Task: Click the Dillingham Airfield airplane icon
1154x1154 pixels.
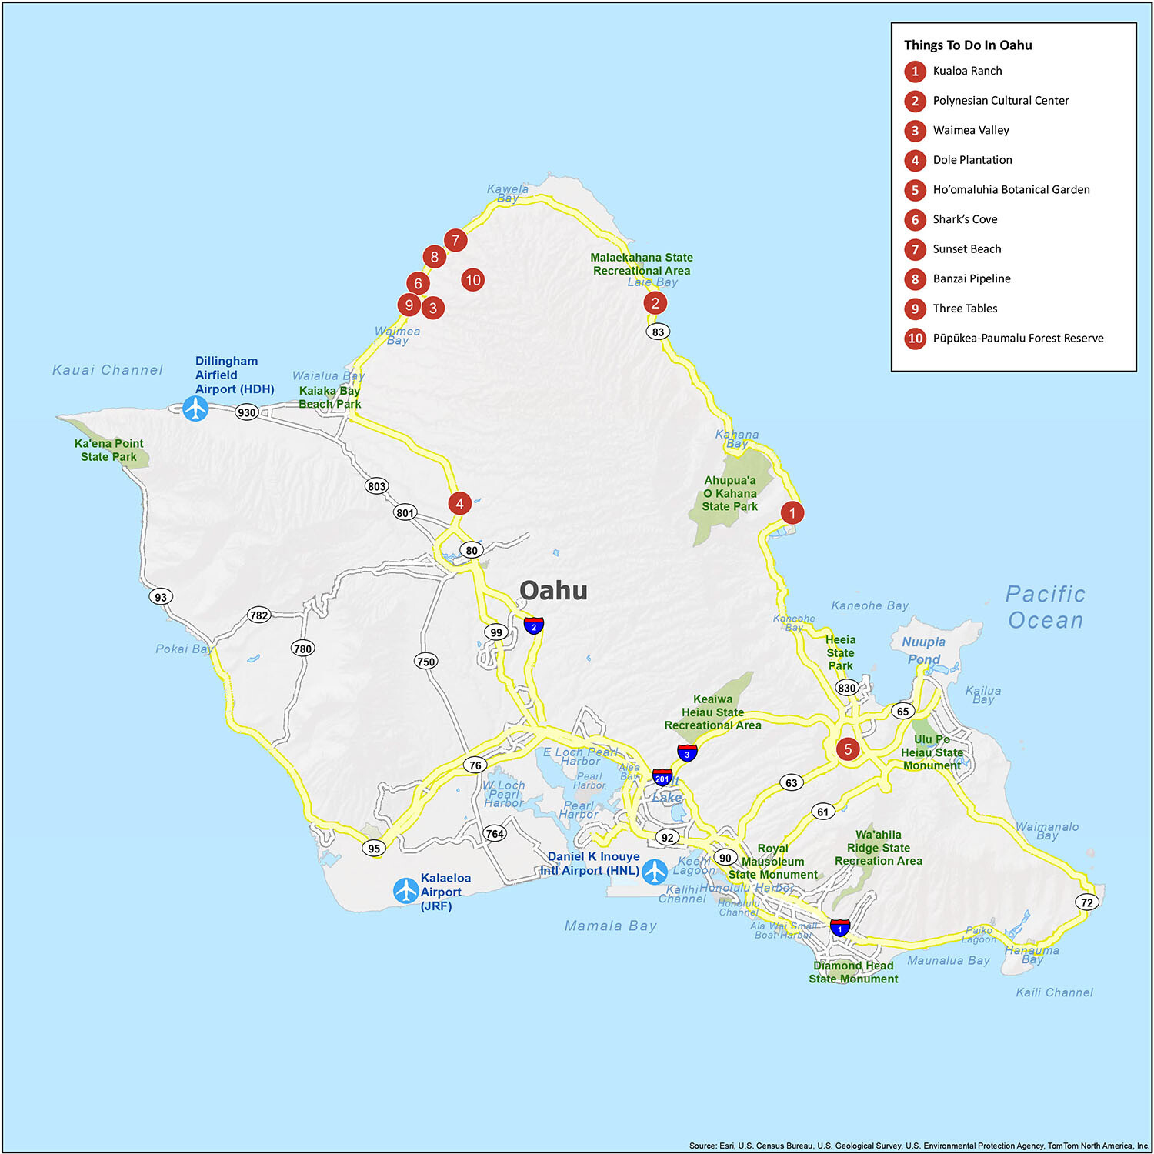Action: point(196,408)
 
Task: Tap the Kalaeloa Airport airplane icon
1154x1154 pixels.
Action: point(405,890)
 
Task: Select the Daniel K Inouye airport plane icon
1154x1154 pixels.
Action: point(655,872)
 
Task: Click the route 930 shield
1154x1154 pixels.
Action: point(246,412)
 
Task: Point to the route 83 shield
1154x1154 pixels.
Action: point(658,332)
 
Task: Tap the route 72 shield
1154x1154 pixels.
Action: point(1086,902)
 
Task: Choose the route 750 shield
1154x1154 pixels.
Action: point(425,661)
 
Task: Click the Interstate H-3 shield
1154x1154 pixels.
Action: point(687,753)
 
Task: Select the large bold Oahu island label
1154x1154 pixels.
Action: point(553,590)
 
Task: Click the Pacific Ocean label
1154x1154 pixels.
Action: point(1046,607)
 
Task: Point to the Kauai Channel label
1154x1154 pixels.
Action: point(108,370)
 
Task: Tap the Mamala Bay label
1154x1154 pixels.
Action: point(611,926)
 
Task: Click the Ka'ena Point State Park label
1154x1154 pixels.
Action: point(108,450)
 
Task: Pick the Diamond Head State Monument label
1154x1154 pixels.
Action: point(853,972)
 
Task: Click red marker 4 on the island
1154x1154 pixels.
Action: point(459,504)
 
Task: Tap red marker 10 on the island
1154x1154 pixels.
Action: point(472,280)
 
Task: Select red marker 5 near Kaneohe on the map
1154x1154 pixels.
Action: point(848,749)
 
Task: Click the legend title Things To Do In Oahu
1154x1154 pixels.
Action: point(968,45)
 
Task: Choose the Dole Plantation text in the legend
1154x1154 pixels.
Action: point(972,160)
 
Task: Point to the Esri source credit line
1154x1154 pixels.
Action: point(919,1146)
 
